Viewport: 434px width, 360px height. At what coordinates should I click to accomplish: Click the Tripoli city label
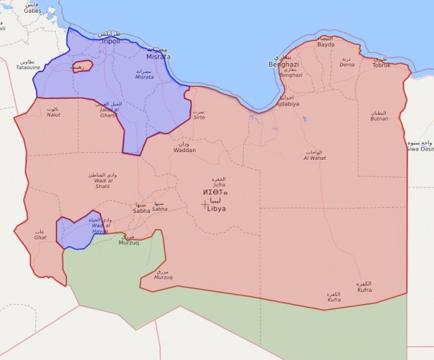[x=110, y=42]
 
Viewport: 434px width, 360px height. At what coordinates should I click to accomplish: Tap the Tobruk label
[x=382, y=65]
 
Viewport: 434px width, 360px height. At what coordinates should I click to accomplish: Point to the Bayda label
[x=326, y=45]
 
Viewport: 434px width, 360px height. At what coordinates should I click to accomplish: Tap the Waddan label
[x=184, y=150]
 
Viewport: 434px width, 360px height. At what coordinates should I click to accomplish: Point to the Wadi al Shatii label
[x=98, y=187]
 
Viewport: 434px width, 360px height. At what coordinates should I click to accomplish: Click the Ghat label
[x=40, y=237]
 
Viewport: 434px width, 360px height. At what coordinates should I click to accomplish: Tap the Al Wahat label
[x=315, y=158]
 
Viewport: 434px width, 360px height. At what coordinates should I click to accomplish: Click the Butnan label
[x=380, y=118]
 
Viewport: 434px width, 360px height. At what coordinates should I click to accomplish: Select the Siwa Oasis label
[x=420, y=149]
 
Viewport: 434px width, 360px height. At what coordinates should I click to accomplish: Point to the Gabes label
[x=33, y=11]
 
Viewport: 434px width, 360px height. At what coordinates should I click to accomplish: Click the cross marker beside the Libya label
[x=204, y=204]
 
